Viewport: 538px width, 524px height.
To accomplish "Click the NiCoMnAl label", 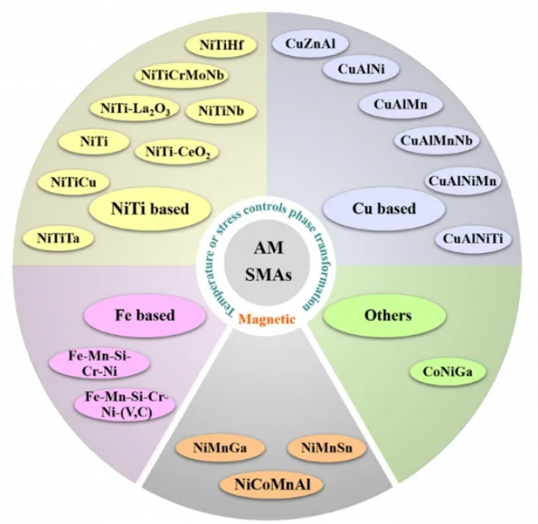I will coord(270,484).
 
